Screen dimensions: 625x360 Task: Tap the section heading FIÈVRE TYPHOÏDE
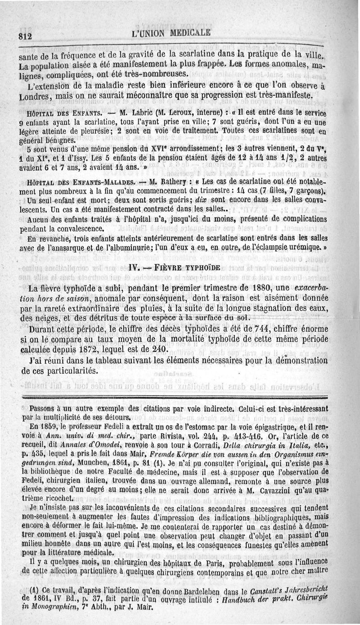(x=189, y=268)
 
